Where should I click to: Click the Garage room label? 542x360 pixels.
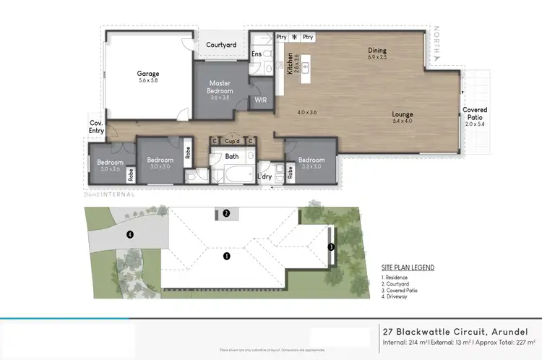coord(148,74)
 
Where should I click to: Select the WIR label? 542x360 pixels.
coord(260,102)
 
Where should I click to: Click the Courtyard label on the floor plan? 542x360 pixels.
coord(221,45)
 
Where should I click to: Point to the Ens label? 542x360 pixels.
coord(257,53)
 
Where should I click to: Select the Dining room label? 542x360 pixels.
coord(377,51)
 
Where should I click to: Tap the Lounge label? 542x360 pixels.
coord(403,114)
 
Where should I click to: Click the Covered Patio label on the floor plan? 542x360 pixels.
coord(475,115)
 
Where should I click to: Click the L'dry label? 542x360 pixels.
coord(265,176)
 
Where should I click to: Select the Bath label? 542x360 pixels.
coord(231,155)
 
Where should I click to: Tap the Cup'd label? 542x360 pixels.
coord(232,141)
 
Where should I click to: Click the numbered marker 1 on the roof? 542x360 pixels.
coord(226,256)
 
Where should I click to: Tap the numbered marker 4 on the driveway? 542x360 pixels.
coord(130,234)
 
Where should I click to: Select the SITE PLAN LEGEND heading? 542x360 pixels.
coord(408,267)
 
